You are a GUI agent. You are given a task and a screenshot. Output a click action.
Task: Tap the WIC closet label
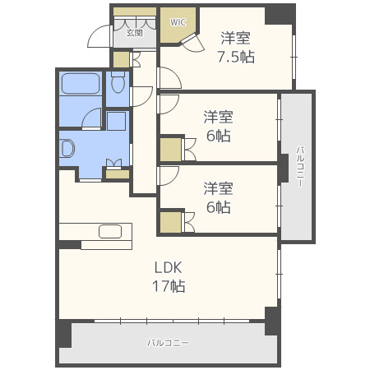178,22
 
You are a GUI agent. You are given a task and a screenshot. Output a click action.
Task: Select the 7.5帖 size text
235,56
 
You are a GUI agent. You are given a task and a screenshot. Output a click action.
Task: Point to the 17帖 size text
168,286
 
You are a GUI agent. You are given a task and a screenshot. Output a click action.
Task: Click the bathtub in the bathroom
81,84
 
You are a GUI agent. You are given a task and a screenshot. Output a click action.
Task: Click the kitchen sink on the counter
110,231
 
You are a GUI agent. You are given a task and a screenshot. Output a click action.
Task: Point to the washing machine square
116,121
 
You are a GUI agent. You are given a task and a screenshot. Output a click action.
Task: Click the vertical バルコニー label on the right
299,166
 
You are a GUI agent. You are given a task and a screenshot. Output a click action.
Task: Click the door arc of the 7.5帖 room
169,78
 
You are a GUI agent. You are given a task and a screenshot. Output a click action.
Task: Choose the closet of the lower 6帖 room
171,222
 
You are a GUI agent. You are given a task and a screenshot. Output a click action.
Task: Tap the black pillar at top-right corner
280,13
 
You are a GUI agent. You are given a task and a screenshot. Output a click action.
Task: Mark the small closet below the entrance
121,60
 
